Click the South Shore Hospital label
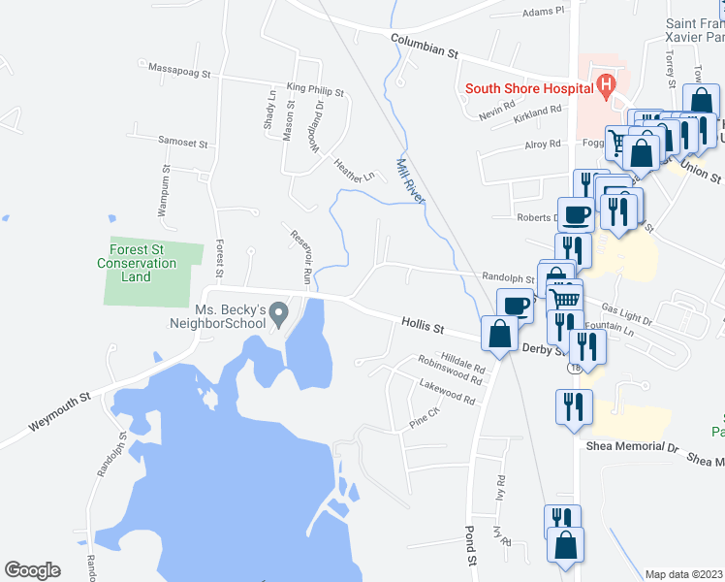pyautogui.click(x=528, y=88)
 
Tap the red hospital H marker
pyautogui.click(x=606, y=86)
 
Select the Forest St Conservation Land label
pyautogui.click(x=137, y=263)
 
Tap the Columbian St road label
pyautogui.click(x=424, y=47)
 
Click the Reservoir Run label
pyautogui.click(x=299, y=257)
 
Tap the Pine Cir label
pyautogui.click(x=425, y=418)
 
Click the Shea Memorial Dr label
pyautogui.click(x=633, y=447)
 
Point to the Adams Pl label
pyautogui.click(x=542, y=13)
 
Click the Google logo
pyautogui.click(x=32, y=570)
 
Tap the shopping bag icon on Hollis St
pyautogui.click(x=499, y=336)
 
